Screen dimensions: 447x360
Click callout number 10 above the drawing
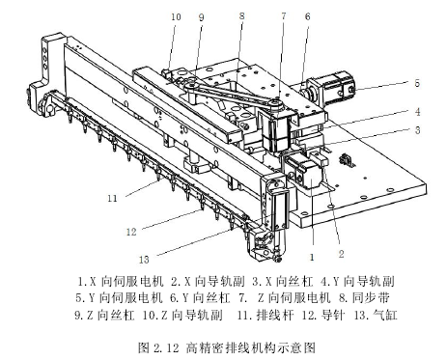[x=176, y=16]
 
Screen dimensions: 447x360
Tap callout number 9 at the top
[x=202, y=17]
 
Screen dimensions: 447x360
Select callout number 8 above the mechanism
[x=242, y=15]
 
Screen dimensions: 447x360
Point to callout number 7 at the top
[x=284, y=15]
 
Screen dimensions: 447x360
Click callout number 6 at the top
[x=308, y=16]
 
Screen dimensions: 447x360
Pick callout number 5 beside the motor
[x=417, y=83]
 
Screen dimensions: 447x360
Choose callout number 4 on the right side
[x=417, y=112]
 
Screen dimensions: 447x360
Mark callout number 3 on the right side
[x=417, y=130]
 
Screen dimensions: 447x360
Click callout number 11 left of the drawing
[x=112, y=198]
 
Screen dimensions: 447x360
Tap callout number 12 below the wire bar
[x=131, y=232]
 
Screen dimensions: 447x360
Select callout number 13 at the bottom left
[x=144, y=260]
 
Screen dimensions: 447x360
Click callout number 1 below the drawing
[x=312, y=257]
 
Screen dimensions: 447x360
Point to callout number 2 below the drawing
[x=341, y=254]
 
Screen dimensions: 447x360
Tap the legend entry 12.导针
[x=323, y=315]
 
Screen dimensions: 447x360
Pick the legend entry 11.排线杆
[x=265, y=315]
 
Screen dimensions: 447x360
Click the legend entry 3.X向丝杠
[x=282, y=281]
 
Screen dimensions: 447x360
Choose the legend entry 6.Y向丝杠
[x=200, y=297]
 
